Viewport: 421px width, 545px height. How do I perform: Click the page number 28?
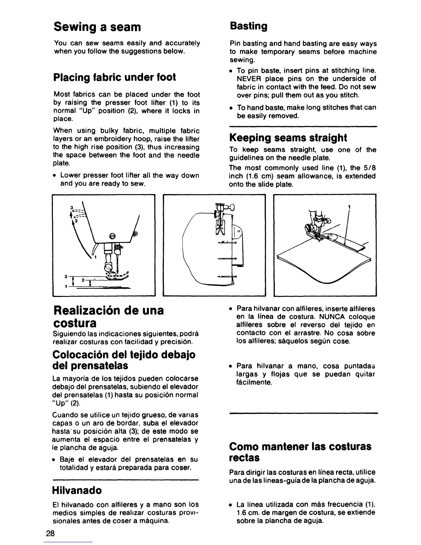(50, 534)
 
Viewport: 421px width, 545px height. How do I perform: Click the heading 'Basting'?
(248, 26)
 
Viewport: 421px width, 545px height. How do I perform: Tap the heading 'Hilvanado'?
(77, 490)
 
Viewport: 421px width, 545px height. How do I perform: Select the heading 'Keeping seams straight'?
(288, 138)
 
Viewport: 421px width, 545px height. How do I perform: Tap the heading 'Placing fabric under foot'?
(115, 77)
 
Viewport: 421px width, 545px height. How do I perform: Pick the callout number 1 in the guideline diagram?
(349, 207)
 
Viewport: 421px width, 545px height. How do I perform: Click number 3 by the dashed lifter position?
(72, 208)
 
